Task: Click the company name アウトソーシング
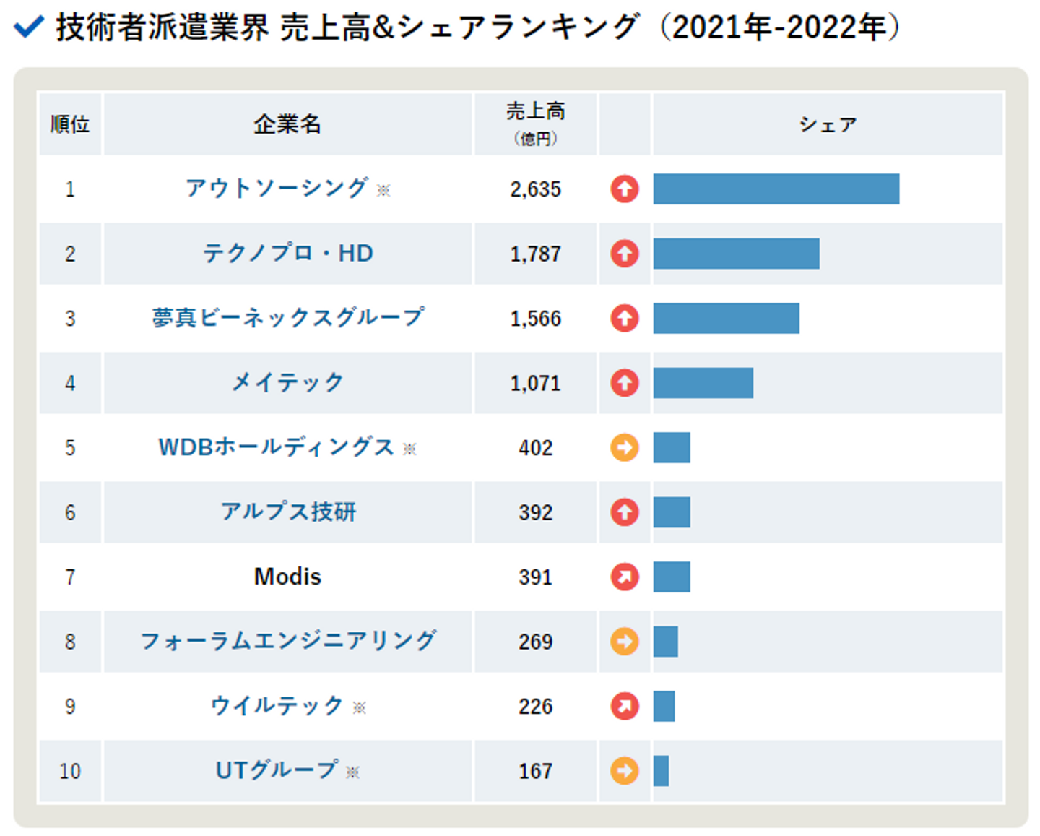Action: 277,189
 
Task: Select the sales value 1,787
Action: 535,254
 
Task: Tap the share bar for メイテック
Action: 703,382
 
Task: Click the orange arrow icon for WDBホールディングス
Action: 625,447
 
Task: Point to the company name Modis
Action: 287,577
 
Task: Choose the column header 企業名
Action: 287,124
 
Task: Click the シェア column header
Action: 828,124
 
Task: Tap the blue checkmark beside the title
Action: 30,27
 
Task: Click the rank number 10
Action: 70,771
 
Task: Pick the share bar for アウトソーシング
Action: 776,189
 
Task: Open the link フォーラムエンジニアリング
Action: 287,641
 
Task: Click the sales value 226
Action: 535,706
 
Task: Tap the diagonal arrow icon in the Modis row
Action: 625,577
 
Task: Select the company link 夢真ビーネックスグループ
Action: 287,318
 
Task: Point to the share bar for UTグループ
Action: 661,771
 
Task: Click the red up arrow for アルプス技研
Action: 625,512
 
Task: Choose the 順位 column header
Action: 70,124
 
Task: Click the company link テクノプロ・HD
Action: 287,254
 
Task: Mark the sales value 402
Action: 535,447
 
